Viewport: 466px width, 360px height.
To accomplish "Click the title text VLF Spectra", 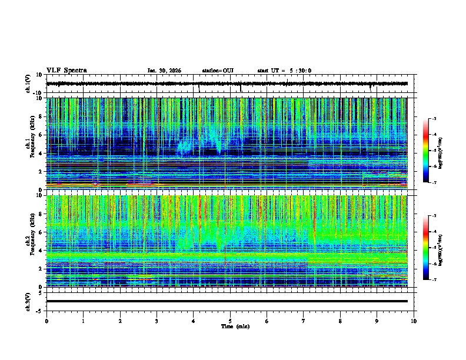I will [66, 71].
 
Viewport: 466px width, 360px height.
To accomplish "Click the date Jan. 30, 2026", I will [164, 71].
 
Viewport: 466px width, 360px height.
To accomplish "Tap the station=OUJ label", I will [218, 71].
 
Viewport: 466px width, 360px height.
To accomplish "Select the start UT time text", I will [284, 71].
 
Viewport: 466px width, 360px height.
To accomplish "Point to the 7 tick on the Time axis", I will [304, 321].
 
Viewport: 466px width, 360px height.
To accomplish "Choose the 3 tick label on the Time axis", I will [157, 321].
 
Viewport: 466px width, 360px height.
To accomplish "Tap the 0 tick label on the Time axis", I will [46, 321].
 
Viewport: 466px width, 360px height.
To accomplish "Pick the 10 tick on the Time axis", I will [414, 321].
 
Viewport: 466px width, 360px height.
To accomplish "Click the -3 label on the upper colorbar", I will [434, 119].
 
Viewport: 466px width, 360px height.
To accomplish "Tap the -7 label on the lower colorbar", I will [434, 280].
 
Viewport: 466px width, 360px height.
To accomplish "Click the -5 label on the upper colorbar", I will [434, 151].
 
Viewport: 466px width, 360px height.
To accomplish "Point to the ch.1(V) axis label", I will [29, 84].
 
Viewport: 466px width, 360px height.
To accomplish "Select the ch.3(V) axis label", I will [29, 301].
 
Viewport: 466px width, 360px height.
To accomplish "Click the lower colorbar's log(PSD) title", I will [447, 248].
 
